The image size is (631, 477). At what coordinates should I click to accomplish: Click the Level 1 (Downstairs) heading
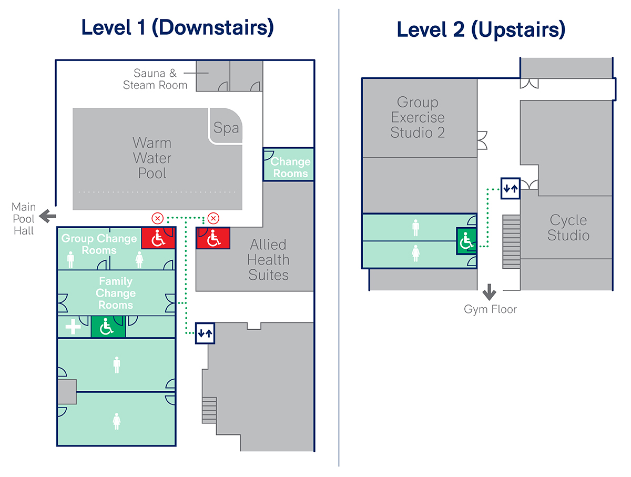point(177,27)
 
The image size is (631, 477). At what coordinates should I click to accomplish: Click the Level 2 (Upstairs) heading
point(481,29)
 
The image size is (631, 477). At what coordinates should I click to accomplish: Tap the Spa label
point(226,128)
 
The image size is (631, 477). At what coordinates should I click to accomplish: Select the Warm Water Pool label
point(152,158)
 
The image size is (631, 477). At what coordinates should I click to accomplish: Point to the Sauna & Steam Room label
point(155,79)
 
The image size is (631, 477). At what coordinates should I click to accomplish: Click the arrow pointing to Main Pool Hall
point(47,216)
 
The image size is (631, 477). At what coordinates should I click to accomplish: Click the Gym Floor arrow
point(489,292)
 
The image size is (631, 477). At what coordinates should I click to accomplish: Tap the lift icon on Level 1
point(205,333)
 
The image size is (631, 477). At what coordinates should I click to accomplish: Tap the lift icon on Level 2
point(510,189)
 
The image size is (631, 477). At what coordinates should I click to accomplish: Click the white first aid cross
point(73,327)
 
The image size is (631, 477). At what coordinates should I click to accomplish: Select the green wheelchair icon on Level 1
point(108,327)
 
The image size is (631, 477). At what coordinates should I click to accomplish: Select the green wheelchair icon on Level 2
point(466,241)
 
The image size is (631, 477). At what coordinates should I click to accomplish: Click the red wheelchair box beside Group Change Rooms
point(158,238)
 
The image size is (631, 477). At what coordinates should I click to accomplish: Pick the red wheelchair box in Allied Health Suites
point(213,238)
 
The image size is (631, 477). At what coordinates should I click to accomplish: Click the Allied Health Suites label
point(268,260)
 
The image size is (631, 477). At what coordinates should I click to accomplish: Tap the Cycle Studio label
point(568,228)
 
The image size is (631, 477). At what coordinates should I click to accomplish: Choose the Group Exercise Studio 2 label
point(418,117)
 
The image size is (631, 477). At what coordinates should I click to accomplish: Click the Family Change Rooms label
point(116,293)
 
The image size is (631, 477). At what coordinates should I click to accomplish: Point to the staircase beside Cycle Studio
point(511,241)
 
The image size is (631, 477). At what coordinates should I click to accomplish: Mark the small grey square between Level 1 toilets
point(67,392)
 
